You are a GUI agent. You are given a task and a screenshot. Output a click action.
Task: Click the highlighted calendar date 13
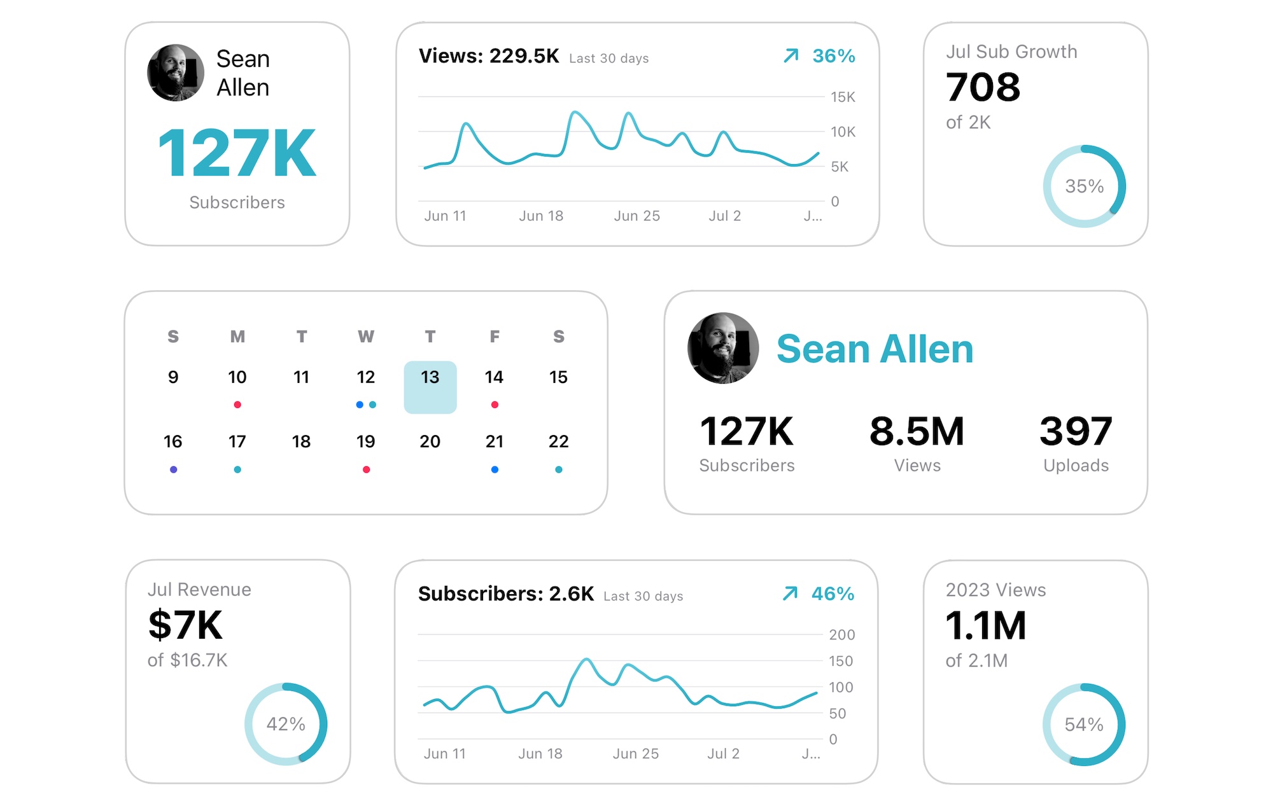(430, 386)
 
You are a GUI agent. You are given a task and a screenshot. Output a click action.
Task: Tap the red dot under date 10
(237, 405)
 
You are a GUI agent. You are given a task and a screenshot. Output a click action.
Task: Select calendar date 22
(558, 441)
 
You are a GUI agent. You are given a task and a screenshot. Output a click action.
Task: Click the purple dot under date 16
(173, 469)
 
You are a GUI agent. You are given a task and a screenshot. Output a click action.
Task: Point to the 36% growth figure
(833, 56)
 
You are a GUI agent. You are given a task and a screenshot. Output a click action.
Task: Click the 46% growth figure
(833, 594)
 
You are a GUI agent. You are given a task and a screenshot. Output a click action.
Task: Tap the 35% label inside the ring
(1085, 186)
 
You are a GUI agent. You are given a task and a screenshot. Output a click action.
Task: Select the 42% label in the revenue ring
(286, 724)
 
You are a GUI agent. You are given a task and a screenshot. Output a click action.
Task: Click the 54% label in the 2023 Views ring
(1084, 725)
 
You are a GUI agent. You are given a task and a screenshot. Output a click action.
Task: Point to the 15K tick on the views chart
(843, 97)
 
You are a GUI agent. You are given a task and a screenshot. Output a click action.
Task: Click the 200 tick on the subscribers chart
(841, 634)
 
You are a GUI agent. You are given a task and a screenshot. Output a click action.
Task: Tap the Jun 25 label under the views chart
(636, 216)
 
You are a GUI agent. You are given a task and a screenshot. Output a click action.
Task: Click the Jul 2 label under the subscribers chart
(723, 754)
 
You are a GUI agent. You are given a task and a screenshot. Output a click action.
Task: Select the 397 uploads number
(1076, 431)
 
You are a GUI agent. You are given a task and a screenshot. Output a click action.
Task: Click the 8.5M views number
(917, 431)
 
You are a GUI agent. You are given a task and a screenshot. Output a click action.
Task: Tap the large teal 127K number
(237, 153)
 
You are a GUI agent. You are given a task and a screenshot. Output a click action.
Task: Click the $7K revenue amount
(185, 625)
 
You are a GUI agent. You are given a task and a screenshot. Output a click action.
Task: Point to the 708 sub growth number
(983, 87)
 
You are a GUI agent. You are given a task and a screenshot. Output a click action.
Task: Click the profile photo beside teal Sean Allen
(723, 348)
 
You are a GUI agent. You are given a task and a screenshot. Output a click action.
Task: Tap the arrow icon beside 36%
(791, 56)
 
